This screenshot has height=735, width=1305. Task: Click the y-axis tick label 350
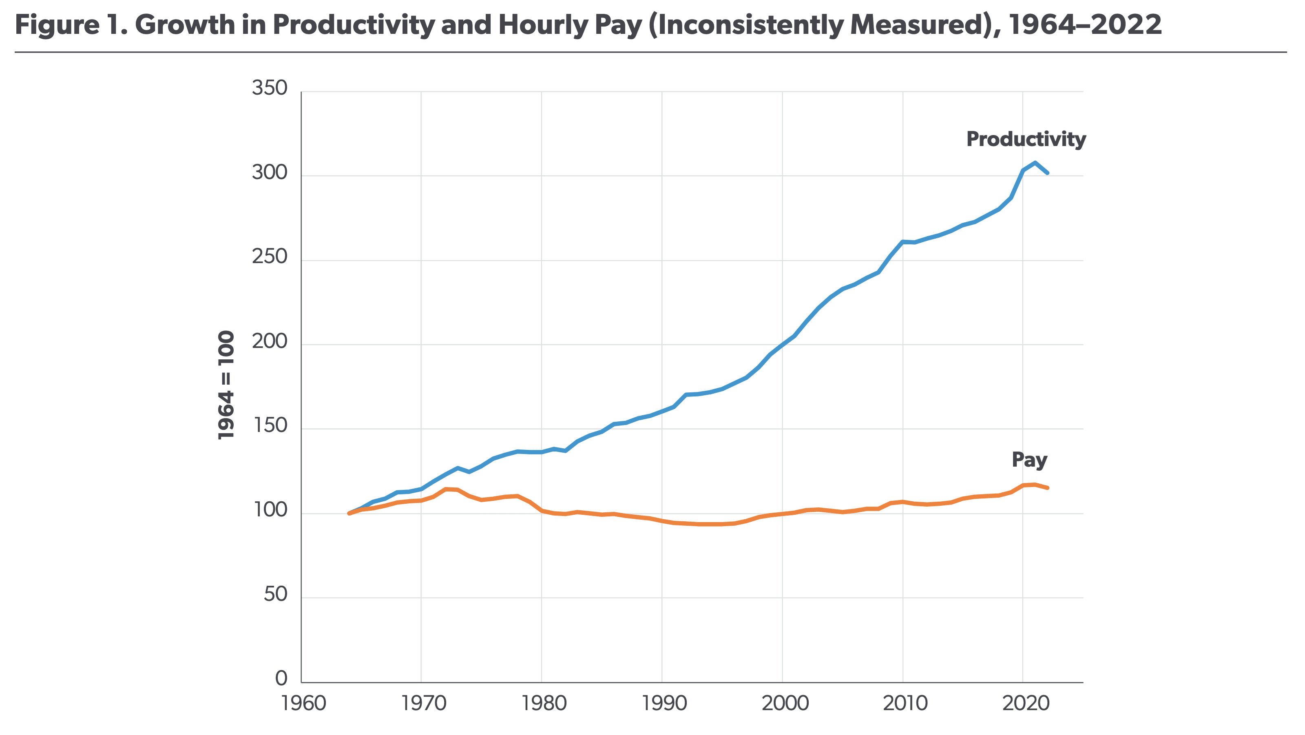269,88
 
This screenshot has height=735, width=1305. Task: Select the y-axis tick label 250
269,257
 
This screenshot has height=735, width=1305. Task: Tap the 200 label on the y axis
269,341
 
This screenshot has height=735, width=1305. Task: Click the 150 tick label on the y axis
269,425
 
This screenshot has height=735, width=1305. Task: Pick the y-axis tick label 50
275,594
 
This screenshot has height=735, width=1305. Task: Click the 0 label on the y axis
281,678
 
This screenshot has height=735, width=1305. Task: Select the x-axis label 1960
303,703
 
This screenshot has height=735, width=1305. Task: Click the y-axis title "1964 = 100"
226,385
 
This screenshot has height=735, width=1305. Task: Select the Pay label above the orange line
1029,459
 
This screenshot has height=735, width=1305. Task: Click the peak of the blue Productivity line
1035,163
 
